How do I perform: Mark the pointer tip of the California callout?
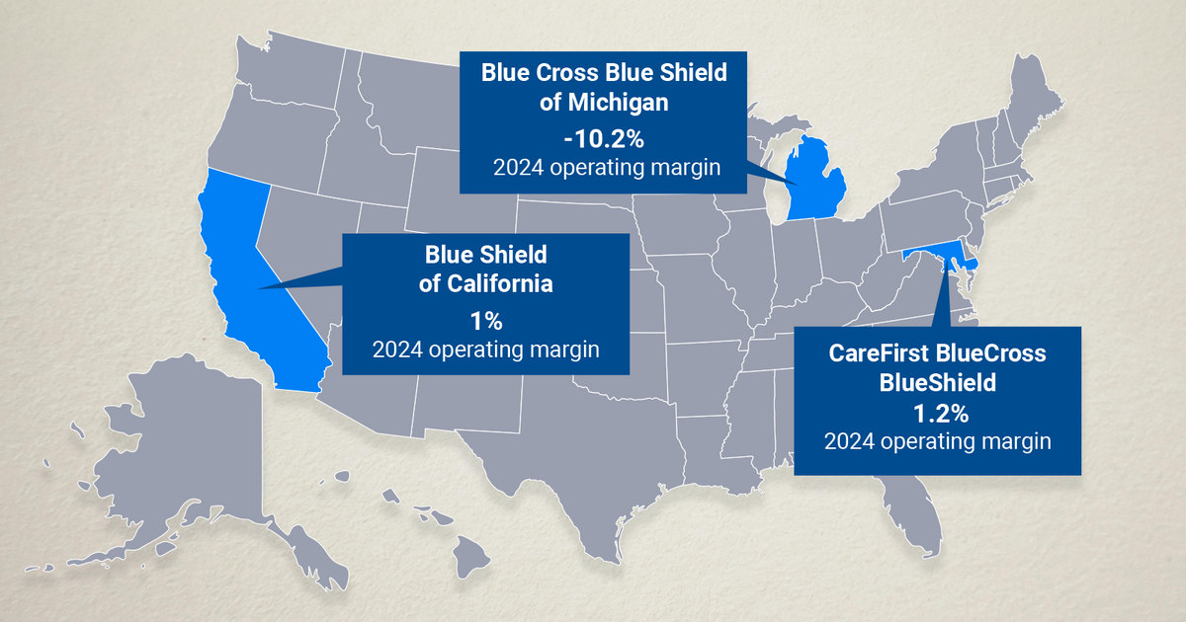(x=259, y=288)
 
